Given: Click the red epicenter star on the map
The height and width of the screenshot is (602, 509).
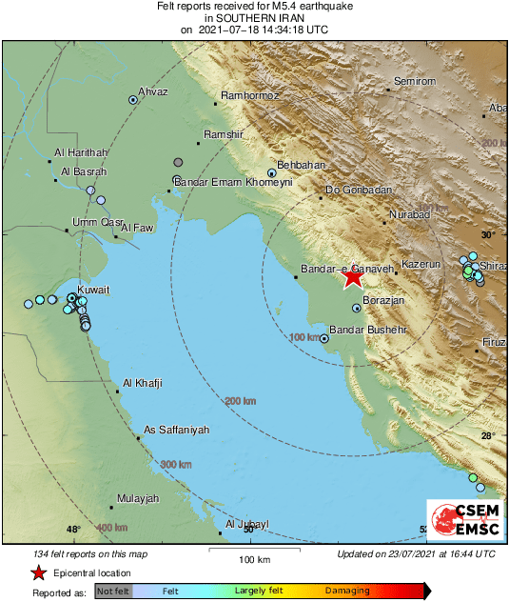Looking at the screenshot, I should coord(353,276).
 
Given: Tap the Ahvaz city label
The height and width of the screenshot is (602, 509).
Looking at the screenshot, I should coord(153,91).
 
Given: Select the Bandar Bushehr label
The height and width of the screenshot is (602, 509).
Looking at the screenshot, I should coord(362,330).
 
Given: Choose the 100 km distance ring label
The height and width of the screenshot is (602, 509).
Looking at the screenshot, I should coord(303,337).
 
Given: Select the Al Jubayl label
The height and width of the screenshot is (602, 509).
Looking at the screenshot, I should coord(247,524).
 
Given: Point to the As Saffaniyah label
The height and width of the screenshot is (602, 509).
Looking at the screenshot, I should coord(176,431).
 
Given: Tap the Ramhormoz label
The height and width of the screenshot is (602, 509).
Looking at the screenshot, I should coord(249,95).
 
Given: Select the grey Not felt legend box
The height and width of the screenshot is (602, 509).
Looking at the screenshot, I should coord(113,592).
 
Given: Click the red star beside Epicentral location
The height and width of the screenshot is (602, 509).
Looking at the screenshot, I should coord(38,573).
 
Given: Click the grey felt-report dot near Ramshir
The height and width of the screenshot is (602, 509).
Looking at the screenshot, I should coord(178,162).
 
